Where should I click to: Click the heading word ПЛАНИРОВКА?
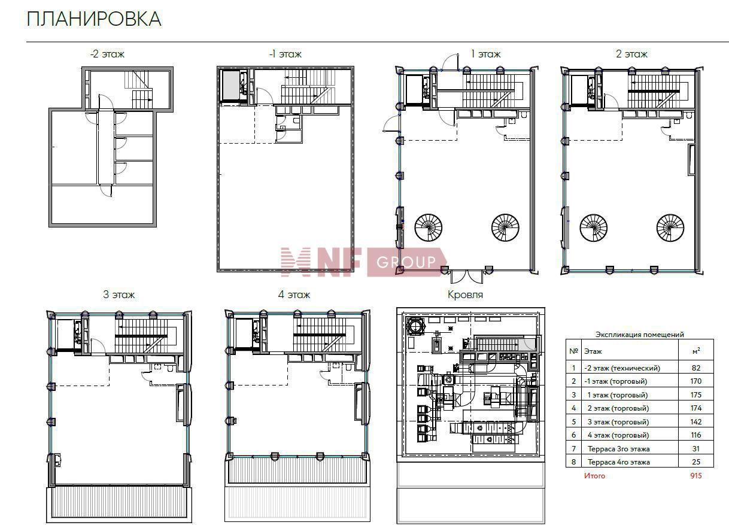[x=94, y=19]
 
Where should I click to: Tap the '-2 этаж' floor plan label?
[x=107, y=54]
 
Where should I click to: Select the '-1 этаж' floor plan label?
[x=285, y=54]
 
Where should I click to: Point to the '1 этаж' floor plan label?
[x=485, y=54]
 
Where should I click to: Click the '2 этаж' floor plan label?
[x=631, y=54]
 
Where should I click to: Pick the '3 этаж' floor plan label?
[x=119, y=295]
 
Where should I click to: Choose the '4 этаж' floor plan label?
[x=294, y=295]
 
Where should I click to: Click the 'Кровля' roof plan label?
[x=465, y=295]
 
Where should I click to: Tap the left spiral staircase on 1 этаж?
[x=429, y=227]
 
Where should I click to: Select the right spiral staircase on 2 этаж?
[x=670, y=227]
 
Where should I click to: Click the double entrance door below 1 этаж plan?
[x=467, y=277]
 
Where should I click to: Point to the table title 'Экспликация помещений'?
[x=639, y=334]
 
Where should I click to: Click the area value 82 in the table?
[x=696, y=368]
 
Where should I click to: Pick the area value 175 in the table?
[x=696, y=395]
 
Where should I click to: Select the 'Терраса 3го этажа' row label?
[x=619, y=449]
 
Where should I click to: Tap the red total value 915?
[x=696, y=476]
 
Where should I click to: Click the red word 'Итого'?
[x=594, y=476]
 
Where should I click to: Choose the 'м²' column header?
[x=697, y=351]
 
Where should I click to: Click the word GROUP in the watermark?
[x=406, y=262]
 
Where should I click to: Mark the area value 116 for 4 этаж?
[x=696, y=435]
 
